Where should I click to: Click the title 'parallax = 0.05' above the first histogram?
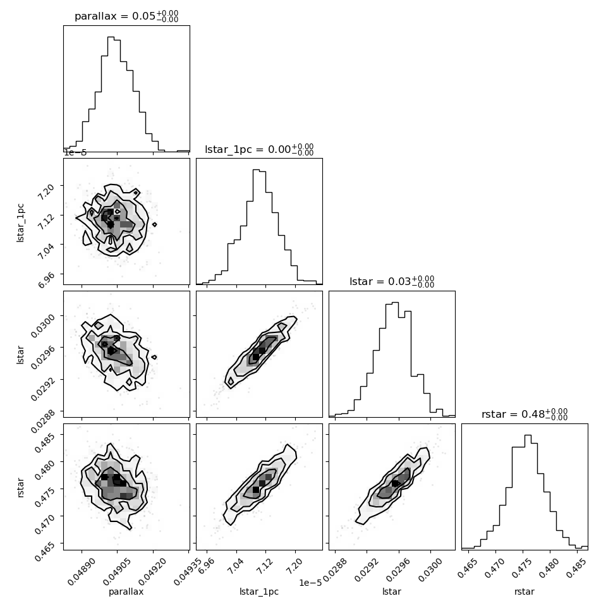[126, 17]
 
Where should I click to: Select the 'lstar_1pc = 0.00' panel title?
[259, 150]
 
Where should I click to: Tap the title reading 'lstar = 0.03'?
[392, 282]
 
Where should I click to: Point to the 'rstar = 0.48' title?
[525, 415]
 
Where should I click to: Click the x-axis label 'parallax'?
[126, 592]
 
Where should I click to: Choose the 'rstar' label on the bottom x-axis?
[525, 592]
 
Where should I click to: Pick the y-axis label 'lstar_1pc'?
[21, 221]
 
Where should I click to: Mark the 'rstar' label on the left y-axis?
[21, 487]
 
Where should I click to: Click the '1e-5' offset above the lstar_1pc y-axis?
[75, 153]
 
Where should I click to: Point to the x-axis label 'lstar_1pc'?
[259, 592]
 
